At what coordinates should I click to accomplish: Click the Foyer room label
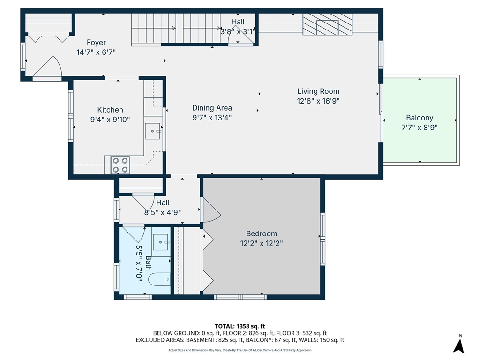click(x=96, y=43)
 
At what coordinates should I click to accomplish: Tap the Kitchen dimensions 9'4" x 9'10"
click(x=110, y=120)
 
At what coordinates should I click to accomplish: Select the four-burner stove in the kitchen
click(x=120, y=165)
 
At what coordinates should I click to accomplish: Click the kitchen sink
click(x=152, y=131)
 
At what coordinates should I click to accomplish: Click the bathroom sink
click(x=161, y=242)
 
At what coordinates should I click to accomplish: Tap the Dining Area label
click(x=212, y=108)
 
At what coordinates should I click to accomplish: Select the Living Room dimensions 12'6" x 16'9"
click(x=318, y=101)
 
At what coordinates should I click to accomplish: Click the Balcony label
click(x=420, y=118)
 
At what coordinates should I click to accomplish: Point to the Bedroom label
click(x=262, y=233)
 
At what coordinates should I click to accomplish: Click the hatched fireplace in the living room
click(x=327, y=24)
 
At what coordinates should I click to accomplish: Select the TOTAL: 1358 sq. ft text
click(x=240, y=326)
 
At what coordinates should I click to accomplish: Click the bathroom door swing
click(x=134, y=234)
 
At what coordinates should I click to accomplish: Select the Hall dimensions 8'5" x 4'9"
click(x=163, y=212)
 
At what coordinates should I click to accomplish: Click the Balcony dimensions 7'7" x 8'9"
click(x=420, y=127)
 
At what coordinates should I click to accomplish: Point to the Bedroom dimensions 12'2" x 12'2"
click(x=262, y=243)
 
